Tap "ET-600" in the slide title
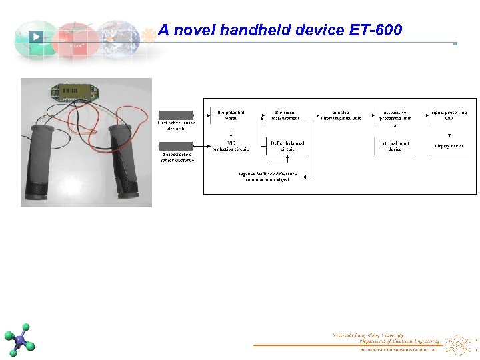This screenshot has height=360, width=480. click(375, 30)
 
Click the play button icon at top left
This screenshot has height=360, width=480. click(36, 37)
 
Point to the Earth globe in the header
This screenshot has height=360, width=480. click(118, 39)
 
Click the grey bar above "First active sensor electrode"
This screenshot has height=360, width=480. click(176, 115)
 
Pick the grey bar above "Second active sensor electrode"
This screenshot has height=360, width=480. click(176, 145)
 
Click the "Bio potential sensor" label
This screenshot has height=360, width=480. click(231, 115)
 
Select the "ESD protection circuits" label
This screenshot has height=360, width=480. click(231, 146)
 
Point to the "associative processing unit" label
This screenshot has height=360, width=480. click(395, 115)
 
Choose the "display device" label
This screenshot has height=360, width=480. click(449, 145)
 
